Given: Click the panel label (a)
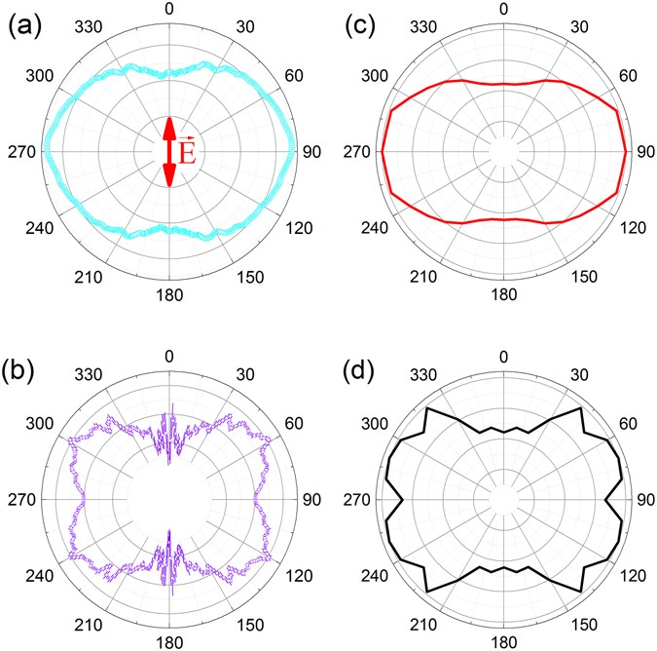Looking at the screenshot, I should coord(22,20).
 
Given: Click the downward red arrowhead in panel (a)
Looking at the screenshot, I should coord(169,176).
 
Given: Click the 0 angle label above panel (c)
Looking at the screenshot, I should coord(503,9).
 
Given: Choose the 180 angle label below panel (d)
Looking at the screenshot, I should coord(503,642).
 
